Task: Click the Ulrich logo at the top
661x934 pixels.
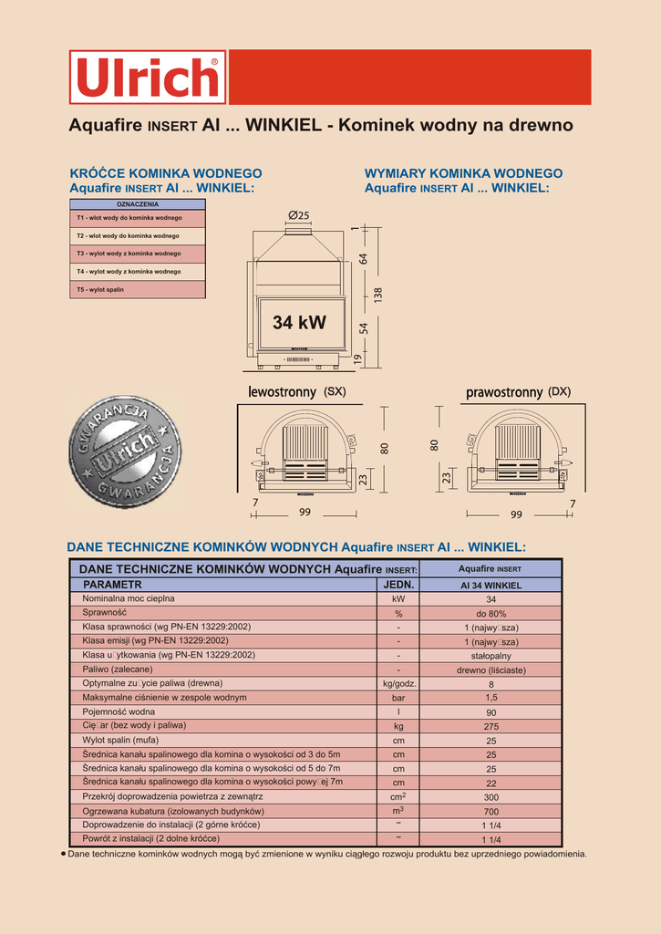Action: pyautogui.click(x=148, y=77)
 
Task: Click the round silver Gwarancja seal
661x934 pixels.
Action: pyautogui.click(x=125, y=451)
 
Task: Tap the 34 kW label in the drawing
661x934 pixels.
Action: pyautogui.click(x=299, y=322)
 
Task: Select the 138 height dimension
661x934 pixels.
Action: pyautogui.click(x=377, y=296)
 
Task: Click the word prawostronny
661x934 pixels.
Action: pyautogui.click(x=504, y=392)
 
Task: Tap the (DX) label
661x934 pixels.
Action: pyautogui.click(x=559, y=391)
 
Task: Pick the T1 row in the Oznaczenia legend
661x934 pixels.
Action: pyautogui.click(x=138, y=218)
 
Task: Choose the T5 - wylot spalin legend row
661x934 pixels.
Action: pyautogui.click(x=138, y=289)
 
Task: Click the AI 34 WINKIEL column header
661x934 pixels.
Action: pyautogui.click(x=491, y=585)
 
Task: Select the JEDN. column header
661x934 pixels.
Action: pyautogui.click(x=398, y=585)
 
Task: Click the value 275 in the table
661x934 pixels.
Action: pyautogui.click(x=491, y=727)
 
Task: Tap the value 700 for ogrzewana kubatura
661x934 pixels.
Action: pyautogui.click(x=491, y=811)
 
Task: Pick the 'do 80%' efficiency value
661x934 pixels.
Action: pyautogui.click(x=491, y=614)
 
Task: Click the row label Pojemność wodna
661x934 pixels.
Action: pyautogui.click(x=119, y=711)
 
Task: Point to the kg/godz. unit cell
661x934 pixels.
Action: pyautogui.click(x=398, y=684)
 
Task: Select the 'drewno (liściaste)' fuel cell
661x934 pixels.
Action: pyautogui.click(x=491, y=670)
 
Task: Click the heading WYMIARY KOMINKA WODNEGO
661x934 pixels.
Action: pyautogui.click(x=463, y=173)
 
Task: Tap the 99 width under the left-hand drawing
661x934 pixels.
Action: pyautogui.click(x=305, y=513)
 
